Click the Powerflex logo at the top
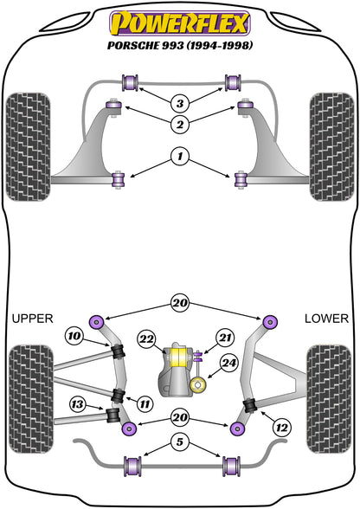[x=180, y=23]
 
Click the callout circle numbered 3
[x=180, y=103]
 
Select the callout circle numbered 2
[x=180, y=124]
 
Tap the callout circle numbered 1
[x=180, y=157]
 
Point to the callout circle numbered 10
[x=74, y=336]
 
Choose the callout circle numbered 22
[x=146, y=339]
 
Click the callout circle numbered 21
[x=225, y=338]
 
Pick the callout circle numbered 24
[x=228, y=363]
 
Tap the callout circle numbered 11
[x=145, y=404]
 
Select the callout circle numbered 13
[x=78, y=404]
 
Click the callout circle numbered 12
[x=282, y=428]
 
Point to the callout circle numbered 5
[x=180, y=441]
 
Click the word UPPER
[x=33, y=319]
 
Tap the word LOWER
[x=326, y=319]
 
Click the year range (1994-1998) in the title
[x=220, y=45]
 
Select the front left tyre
[x=28, y=147]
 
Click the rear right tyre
[x=329, y=399]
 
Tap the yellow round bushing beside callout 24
[x=197, y=385]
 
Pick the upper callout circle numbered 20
[x=180, y=303]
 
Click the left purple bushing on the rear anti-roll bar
[x=132, y=467]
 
